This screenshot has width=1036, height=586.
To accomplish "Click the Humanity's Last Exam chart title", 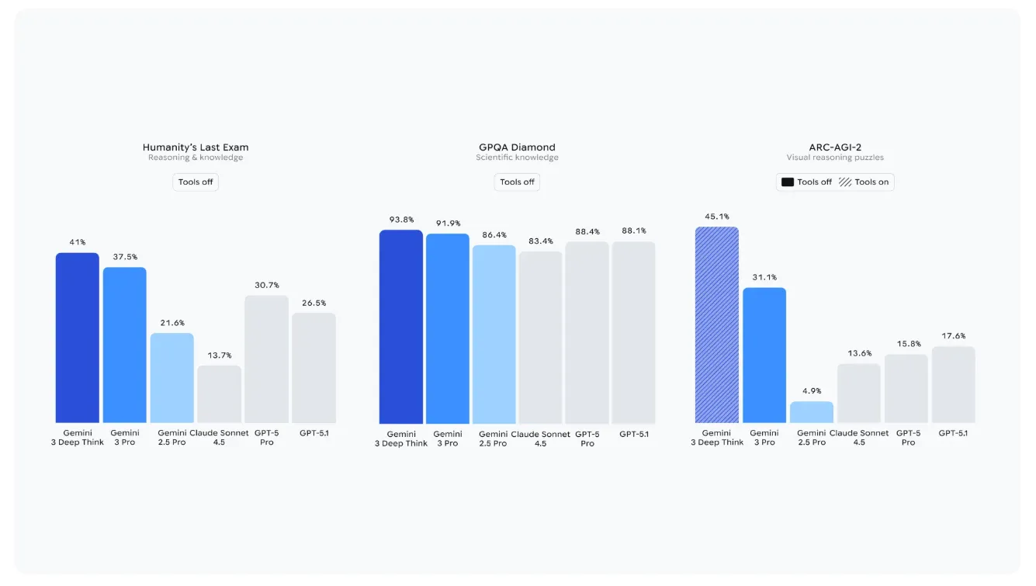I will tap(196, 147).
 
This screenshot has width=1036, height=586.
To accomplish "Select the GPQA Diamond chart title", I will tap(517, 147).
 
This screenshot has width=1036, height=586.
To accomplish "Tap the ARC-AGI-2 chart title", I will tap(835, 147).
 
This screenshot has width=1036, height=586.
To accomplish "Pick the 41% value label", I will tap(77, 242).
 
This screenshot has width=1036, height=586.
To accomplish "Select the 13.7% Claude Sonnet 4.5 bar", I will tap(219, 394).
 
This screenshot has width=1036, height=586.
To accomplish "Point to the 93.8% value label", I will tap(400, 219).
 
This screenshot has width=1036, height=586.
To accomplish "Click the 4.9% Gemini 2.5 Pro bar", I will tap(811, 412).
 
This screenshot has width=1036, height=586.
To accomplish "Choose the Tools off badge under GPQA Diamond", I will tap(517, 182).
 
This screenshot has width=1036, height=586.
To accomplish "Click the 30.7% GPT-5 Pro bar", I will tap(266, 359).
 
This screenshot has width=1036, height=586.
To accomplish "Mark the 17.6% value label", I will tap(953, 336).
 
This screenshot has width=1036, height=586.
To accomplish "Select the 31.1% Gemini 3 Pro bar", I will tap(764, 355).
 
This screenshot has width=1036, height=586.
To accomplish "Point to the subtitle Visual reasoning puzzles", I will tap(835, 158).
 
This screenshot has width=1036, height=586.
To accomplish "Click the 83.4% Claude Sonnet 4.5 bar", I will tap(540, 337).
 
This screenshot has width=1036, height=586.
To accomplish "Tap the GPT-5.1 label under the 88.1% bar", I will tap(633, 434).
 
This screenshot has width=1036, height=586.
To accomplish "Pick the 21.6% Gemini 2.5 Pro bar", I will tap(172, 378).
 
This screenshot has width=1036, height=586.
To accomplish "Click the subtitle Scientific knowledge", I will tap(517, 158).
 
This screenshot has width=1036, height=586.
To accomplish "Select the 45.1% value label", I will tap(716, 217).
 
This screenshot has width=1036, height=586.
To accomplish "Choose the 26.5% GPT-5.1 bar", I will tap(314, 368).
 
